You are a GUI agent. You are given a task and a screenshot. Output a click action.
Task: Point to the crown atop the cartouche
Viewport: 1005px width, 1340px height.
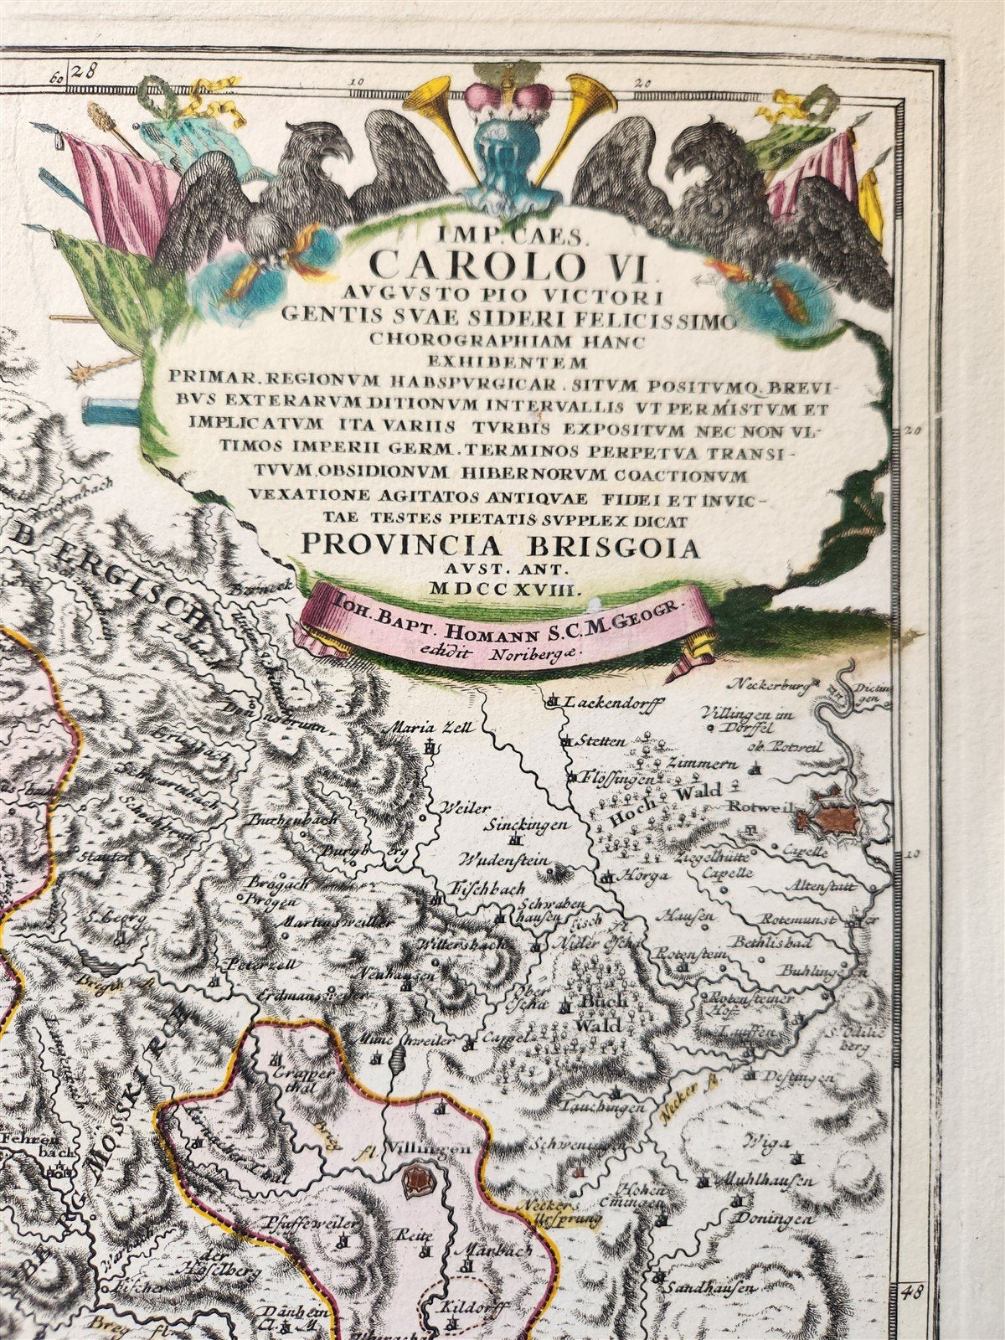505,100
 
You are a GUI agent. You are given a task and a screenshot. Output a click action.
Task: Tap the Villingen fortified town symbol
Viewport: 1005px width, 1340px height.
414,1182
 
